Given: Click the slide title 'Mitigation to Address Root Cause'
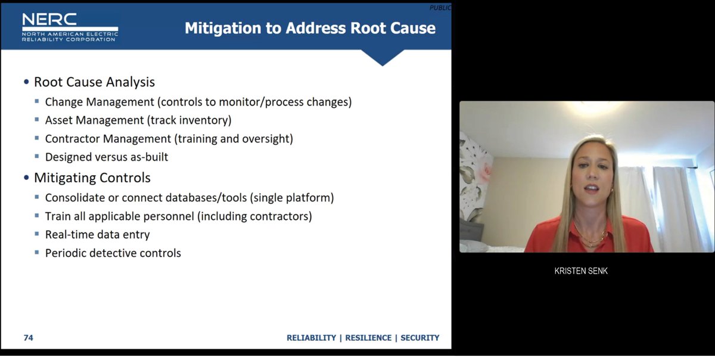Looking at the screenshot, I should (x=310, y=28).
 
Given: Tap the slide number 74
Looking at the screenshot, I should (x=28, y=338).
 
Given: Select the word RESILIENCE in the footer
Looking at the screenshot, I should (x=368, y=338).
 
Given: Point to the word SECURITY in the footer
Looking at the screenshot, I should (x=419, y=338).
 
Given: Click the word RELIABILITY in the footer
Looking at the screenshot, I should (x=311, y=338).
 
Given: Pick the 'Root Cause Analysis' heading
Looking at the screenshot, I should (x=94, y=82).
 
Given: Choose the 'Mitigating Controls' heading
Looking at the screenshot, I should (x=92, y=178).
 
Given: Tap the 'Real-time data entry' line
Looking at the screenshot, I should (x=97, y=235).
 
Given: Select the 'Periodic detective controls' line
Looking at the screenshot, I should (x=113, y=253).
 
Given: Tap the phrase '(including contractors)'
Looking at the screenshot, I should (x=254, y=216).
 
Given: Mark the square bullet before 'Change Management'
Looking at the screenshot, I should (x=38, y=102).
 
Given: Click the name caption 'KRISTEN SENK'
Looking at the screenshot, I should (x=581, y=271).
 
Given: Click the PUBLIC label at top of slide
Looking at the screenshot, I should (x=440, y=8).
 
